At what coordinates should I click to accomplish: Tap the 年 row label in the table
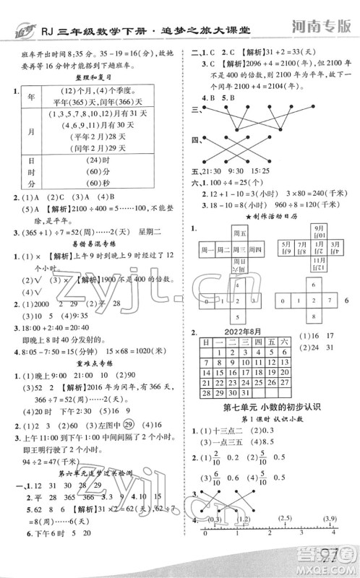click(30, 97)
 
